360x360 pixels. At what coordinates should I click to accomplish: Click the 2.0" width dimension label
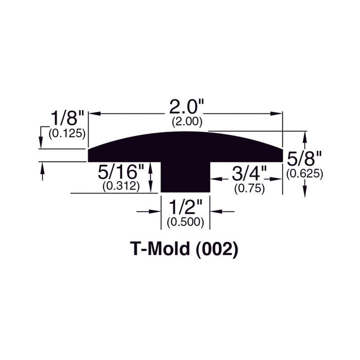[187, 107]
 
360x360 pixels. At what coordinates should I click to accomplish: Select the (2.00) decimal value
[187, 121]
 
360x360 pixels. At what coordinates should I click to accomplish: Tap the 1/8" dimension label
[67, 118]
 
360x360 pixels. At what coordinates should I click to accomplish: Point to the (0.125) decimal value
[67, 133]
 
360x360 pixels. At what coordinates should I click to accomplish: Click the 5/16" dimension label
[121, 172]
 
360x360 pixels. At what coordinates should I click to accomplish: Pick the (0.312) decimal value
[121, 186]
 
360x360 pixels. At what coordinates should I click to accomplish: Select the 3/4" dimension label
[249, 173]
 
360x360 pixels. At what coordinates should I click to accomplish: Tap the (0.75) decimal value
[249, 189]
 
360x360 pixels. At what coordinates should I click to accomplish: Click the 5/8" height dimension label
[304, 158]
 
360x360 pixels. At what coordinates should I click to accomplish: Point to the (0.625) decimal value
[304, 174]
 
